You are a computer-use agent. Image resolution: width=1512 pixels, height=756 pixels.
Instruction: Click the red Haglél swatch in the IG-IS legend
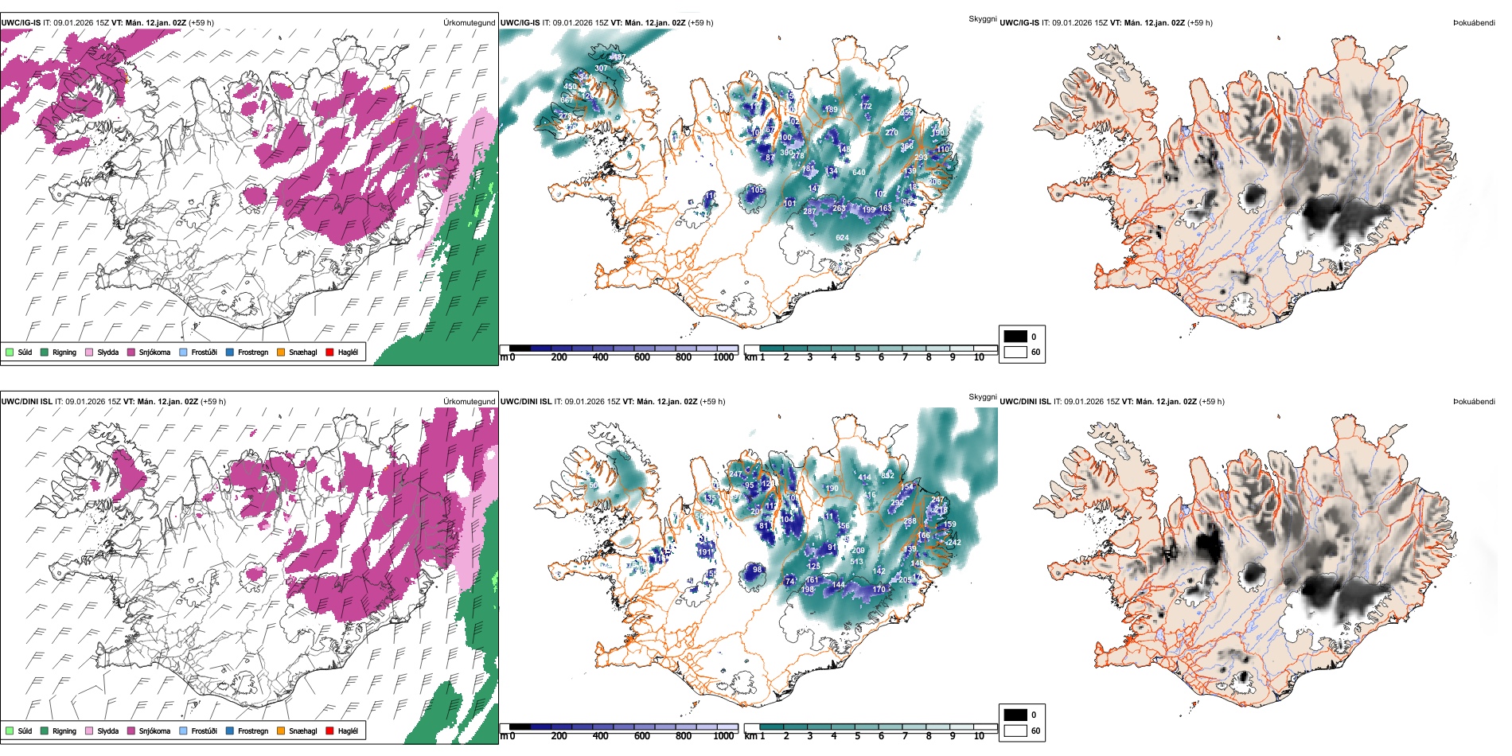(x=329, y=352)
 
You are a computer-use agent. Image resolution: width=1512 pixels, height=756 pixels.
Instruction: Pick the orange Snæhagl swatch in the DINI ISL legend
(x=281, y=731)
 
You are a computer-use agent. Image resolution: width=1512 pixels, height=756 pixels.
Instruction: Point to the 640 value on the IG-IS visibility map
(x=859, y=172)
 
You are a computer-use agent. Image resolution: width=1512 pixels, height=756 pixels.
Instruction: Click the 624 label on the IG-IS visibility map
(x=842, y=237)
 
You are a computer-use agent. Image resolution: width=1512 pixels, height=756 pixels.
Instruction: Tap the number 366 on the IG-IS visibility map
(x=906, y=146)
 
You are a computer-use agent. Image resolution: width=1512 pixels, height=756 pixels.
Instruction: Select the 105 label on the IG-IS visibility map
(x=757, y=190)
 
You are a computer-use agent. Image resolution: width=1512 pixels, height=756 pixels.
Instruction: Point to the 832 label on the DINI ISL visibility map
(x=887, y=475)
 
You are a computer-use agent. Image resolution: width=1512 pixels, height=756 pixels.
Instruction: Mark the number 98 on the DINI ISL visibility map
(x=757, y=570)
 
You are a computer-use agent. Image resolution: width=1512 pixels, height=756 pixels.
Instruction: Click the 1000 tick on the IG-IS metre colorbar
(x=723, y=357)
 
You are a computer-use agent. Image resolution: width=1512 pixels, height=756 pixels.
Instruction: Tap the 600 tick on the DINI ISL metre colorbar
(x=641, y=736)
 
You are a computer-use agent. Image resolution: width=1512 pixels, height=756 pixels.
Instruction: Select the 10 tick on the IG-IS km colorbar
(x=979, y=357)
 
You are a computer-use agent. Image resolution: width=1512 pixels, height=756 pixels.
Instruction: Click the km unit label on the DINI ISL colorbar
(x=750, y=736)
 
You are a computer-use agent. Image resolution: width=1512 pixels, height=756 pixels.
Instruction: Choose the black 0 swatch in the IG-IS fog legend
(x=1015, y=337)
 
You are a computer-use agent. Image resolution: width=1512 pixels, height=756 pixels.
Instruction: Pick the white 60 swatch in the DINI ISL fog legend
(x=1015, y=731)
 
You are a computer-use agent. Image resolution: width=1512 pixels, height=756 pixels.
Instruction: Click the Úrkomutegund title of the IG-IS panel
(x=469, y=23)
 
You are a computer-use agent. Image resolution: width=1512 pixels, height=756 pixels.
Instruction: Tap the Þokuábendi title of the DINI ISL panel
(x=1474, y=402)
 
